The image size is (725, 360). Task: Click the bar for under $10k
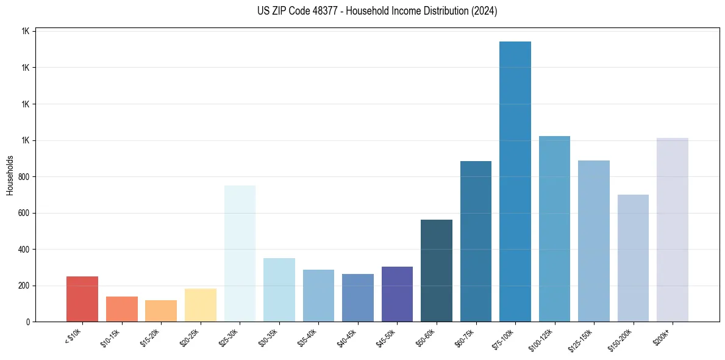click(x=82, y=299)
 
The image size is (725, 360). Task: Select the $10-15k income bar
click(x=121, y=309)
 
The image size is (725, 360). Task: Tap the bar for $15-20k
click(x=161, y=311)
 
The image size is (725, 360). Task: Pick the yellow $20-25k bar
click(x=201, y=305)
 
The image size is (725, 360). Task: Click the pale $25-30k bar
click(x=240, y=253)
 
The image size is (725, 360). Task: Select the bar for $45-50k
click(x=397, y=294)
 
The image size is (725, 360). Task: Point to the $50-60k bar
click(x=437, y=271)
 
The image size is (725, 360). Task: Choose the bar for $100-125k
click(x=554, y=229)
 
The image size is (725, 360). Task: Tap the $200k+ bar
click(x=673, y=229)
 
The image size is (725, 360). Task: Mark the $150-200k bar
click(x=633, y=258)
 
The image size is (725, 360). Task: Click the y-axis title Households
click(x=10, y=175)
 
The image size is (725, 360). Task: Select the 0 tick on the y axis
click(x=29, y=322)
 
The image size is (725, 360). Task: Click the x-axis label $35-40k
click(x=308, y=337)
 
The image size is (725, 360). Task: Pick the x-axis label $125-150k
click(x=582, y=338)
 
